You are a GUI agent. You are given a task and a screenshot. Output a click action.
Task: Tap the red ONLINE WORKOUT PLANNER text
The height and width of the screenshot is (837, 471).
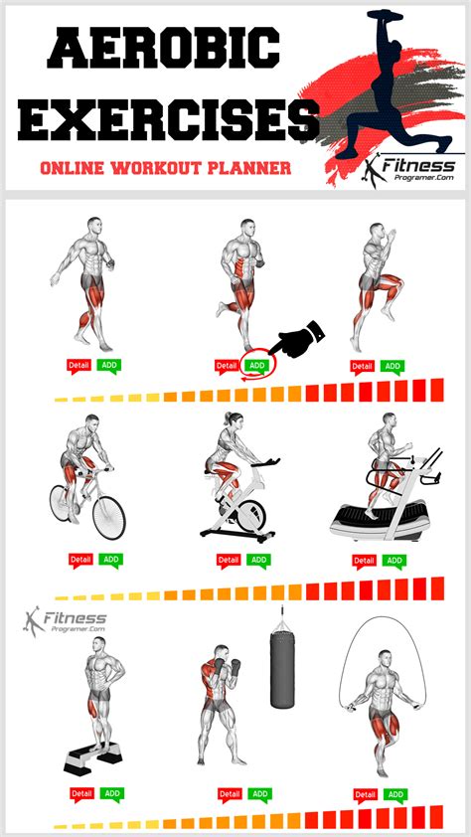pyautogui.click(x=165, y=168)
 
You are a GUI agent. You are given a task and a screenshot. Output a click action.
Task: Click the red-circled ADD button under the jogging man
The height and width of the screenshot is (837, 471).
pyautogui.click(x=256, y=365)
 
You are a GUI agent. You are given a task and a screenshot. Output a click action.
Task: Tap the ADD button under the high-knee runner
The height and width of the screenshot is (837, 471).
pyautogui.click(x=392, y=366)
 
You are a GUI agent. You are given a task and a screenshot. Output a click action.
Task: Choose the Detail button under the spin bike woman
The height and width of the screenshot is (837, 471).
pyautogui.click(x=229, y=560)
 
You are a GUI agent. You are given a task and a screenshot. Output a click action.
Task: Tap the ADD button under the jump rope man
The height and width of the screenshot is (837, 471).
pyautogui.click(x=395, y=794)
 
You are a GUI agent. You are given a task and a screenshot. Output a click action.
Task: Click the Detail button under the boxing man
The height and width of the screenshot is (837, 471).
pyautogui.click(x=230, y=794)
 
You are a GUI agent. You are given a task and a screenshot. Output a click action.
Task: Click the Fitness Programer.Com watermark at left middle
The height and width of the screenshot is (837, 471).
pyautogui.click(x=66, y=621)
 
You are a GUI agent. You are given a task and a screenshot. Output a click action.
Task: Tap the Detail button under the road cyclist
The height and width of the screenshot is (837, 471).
pyautogui.click(x=79, y=560)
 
